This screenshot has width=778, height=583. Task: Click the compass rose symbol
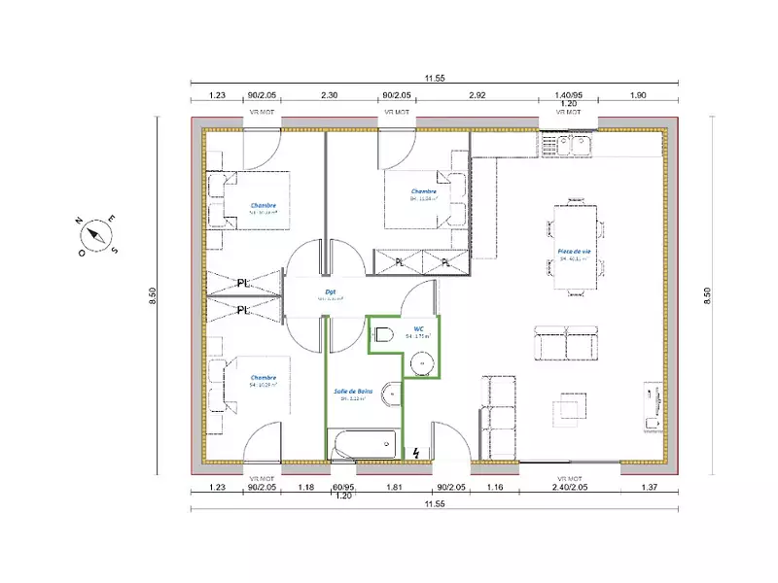coord(96,234)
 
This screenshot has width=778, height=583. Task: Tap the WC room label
coord(419,328)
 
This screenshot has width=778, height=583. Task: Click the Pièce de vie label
coord(574,251)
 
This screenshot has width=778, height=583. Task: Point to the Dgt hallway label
coord(331,290)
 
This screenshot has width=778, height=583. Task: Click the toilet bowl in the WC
coord(383,335)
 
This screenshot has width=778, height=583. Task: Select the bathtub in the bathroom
coord(365,447)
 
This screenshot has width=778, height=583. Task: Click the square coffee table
coord(570,408)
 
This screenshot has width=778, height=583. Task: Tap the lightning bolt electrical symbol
coord(417,453)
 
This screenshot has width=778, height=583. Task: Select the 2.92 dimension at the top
coord(477,96)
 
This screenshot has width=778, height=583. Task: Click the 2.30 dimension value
coord(330,96)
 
